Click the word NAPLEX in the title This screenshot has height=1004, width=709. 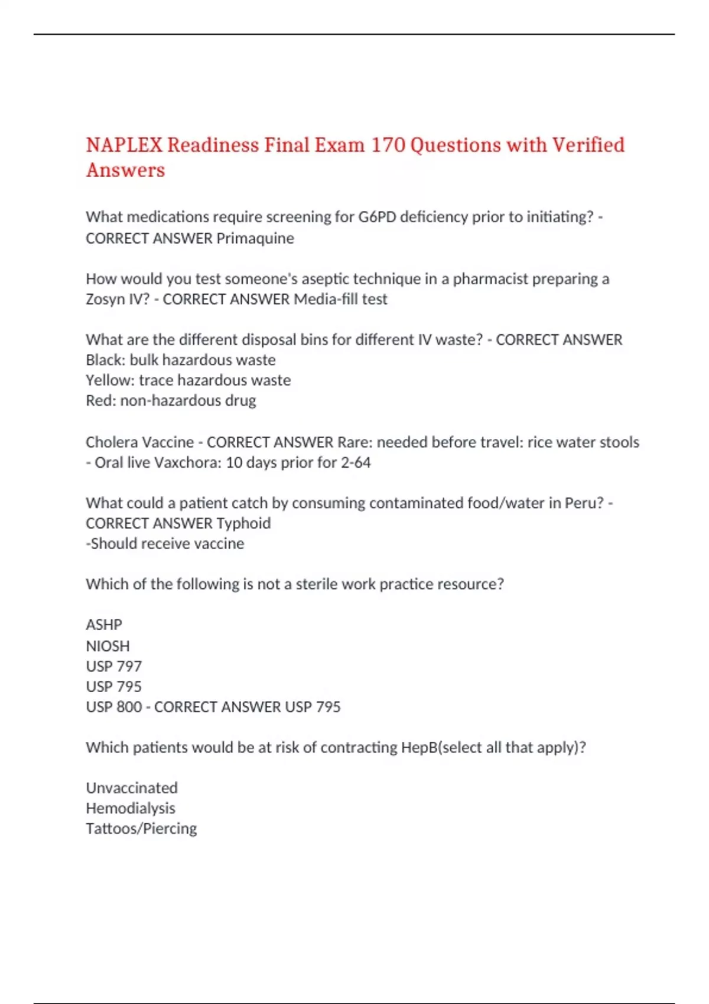(124, 145)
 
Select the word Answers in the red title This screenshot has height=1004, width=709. (125, 171)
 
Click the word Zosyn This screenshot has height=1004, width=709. (105, 299)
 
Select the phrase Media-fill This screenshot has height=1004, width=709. (326, 299)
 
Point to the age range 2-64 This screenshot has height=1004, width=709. (355, 462)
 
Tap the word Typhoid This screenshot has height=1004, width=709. (243, 524)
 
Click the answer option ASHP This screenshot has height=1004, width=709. (104, 625)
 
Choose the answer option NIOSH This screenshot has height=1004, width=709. (108, 646)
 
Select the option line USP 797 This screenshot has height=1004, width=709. (114, 667)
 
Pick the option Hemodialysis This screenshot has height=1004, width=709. (131, 809)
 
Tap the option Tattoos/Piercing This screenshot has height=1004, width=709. (141, 829)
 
